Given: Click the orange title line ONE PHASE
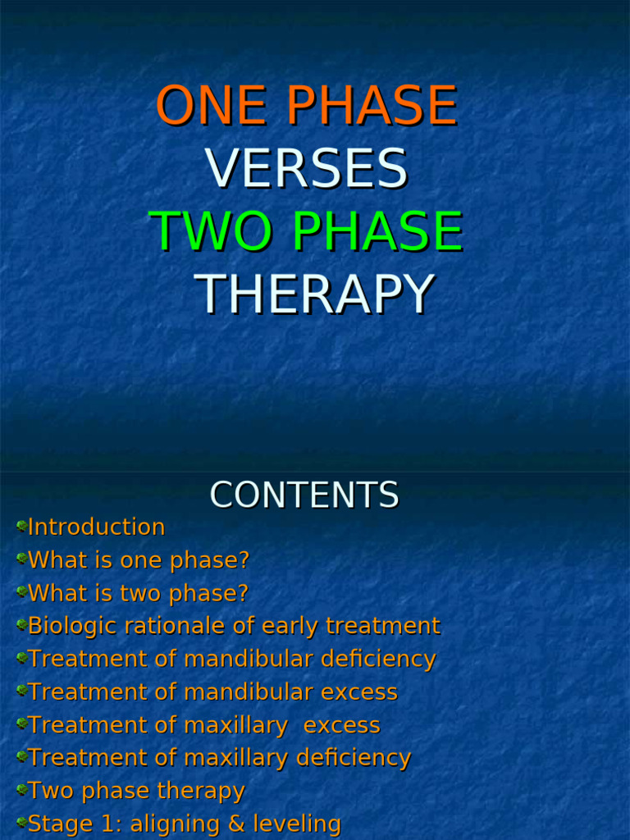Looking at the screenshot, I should click(x=306, y=107).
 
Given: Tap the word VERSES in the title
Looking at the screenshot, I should click(x=306, y=169).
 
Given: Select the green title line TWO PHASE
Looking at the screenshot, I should click(x=306, y=231).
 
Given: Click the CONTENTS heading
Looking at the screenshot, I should click(x=304, y=495).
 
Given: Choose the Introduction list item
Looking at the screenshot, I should click(x=96, y=527).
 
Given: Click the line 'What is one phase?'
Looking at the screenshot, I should click(x=138, y=561).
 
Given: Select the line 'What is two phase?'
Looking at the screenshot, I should click(x=138, y=593).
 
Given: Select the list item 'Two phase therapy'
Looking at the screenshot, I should click(x=136, y=791).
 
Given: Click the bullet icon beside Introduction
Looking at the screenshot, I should click(x=21, y=526).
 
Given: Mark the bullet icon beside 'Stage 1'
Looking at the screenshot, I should click(x=21, y=822).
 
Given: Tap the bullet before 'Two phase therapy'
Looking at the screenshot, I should click(x=21, y=789).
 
